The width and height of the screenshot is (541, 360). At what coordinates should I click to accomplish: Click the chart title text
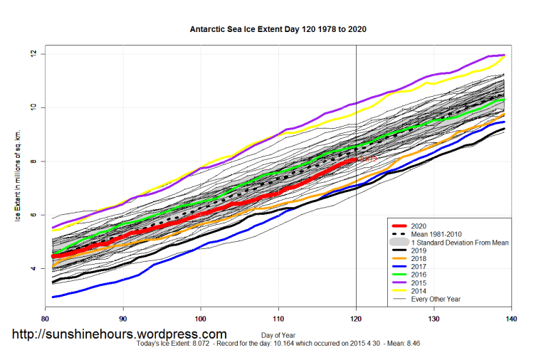point(278,31)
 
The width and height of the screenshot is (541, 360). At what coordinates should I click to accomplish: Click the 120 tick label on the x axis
point(356,319)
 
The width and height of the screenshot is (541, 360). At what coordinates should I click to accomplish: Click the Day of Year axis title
point(279,334)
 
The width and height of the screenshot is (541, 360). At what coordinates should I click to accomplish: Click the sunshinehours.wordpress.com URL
point(119,334)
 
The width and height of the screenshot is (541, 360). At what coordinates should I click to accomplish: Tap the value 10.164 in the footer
point(283,343)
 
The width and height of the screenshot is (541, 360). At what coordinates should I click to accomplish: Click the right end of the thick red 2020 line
point(356,160)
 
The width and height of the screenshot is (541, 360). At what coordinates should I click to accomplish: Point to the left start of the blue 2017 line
point(53,297)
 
